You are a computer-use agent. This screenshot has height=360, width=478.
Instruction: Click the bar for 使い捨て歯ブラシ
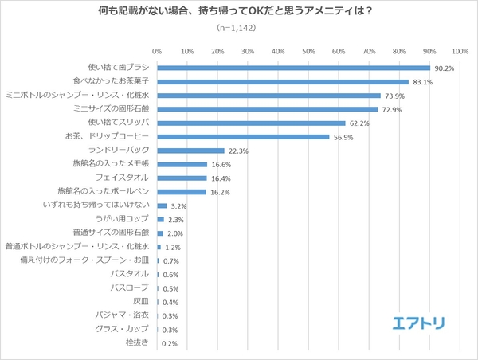(x=293, y=68)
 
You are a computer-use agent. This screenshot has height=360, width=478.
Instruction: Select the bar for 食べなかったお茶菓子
(x=283, y=81)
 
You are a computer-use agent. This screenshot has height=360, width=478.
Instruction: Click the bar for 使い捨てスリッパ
(x=251, y=123)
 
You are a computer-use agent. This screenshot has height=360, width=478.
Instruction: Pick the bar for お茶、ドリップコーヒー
(x=243, y=136)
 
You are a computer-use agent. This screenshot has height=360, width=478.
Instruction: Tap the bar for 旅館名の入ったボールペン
(x=182, y=191)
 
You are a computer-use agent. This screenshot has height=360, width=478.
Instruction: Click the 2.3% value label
(x=177, y=219)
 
